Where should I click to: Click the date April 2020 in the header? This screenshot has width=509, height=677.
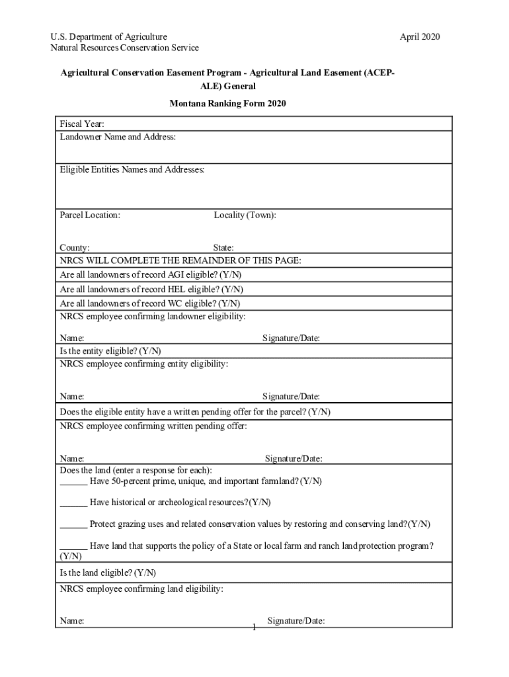coord(420,37)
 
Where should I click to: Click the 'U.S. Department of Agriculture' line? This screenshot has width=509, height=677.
coord(109,37)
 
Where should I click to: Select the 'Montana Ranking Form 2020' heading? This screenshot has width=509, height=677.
coord(227,104)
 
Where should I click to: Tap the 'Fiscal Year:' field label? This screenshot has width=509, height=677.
coord(82,124)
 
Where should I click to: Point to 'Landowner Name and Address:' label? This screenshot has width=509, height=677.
coord(118,137)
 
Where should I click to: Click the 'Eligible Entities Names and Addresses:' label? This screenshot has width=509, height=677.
coord(132,170)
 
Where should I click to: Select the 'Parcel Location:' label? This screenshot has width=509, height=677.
coord(90,216)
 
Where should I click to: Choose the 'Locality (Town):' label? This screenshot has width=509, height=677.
coord(245,216)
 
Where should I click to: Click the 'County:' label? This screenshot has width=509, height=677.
coord(75,248)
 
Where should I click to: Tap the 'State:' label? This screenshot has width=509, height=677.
coord(223,248)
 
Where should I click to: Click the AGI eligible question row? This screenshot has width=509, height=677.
coord(155,274)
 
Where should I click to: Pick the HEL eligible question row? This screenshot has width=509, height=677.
coord(151,289)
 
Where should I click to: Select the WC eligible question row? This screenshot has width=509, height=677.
coord(150,303)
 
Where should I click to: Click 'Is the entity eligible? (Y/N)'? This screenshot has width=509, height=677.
coord(110,351)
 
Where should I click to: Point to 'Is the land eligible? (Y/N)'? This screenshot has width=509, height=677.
coord(108,573)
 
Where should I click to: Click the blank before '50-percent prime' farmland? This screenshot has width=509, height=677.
coord(73,482)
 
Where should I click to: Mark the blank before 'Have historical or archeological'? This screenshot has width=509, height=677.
coord(73,503)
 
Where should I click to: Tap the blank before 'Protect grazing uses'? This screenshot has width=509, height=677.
coord(73,525)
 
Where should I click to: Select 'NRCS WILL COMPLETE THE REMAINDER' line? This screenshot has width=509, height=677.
coord(180,260)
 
